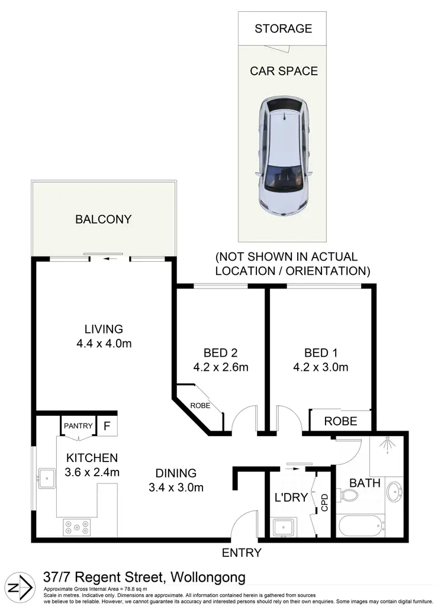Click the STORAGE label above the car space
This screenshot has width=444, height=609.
[283, 28]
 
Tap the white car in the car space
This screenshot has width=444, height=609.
[284, 156]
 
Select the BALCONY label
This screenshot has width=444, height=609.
[103, 219]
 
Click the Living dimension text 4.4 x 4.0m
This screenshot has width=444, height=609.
[103, 344]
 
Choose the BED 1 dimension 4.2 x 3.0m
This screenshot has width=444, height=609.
[320, 367]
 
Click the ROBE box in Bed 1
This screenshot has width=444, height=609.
[341, 421]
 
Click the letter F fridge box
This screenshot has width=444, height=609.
[107, 425]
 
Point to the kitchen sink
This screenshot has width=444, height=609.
[46, 477]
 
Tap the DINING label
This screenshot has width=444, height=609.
[176, 473]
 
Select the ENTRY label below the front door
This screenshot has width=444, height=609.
[242, 553]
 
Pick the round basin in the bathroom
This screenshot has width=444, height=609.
[395, 491]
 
